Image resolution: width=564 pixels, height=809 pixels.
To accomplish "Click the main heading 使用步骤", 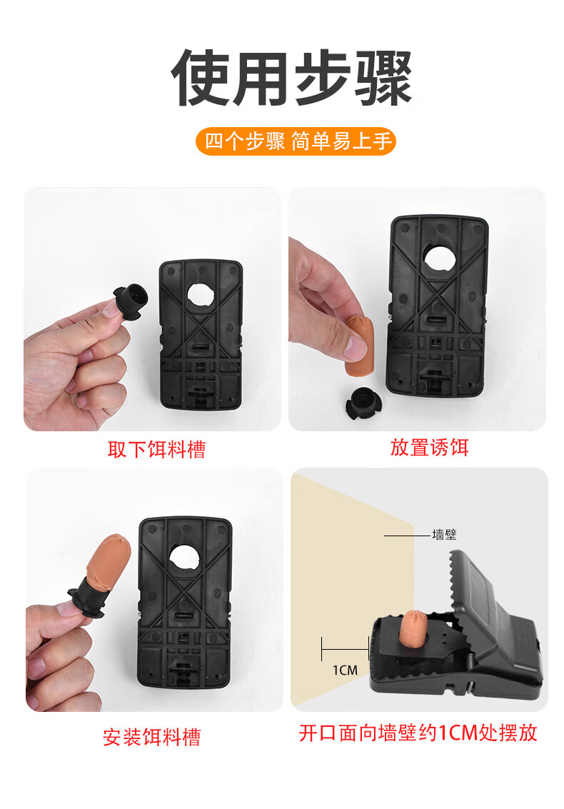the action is click(291, 78).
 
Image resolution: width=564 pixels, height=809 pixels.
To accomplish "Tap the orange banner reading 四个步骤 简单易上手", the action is click(296, 141).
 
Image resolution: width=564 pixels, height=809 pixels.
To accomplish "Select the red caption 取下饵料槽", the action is click(157, 449).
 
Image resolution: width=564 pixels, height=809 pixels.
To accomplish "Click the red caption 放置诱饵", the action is click(429, 447).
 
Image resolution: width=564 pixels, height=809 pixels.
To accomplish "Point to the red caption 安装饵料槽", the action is click(151, 737).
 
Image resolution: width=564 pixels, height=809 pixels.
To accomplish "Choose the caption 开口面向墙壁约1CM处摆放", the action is click(418, 733).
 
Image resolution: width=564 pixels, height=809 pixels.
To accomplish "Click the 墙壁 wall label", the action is click(444, 535).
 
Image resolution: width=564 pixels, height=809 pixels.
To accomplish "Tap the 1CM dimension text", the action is click(346, 670).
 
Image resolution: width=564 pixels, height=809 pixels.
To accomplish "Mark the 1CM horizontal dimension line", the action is click(346, 649).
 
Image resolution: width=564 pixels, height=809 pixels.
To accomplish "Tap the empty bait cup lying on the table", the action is click(364, 405).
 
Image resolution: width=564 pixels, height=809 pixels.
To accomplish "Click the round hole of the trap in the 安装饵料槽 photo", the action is click(183, 559).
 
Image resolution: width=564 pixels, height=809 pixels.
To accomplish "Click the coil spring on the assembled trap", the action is click(473, 661).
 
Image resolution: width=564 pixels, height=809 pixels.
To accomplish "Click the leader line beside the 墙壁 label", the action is click(407, 536).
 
